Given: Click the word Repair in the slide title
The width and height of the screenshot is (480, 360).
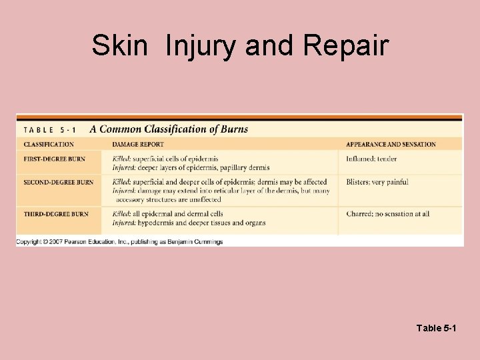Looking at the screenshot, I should pos(345,46).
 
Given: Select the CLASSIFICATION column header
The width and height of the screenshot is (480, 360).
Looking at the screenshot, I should pos(49,145).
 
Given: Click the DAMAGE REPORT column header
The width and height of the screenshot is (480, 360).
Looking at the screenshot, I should pos(138,145).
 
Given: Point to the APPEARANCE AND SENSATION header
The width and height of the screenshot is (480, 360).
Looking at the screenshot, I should pos(391,145).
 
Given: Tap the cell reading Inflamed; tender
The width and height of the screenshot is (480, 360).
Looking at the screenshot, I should pos(371,159).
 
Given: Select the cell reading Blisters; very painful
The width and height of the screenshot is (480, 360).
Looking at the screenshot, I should pos(377,182).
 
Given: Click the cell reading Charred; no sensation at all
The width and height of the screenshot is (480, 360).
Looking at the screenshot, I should pos(388,214).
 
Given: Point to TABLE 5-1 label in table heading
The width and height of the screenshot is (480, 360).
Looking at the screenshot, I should pos(51,129).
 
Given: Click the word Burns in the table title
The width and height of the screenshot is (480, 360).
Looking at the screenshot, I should pos(234,129).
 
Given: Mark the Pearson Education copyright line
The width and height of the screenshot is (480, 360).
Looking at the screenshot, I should pos(120,241).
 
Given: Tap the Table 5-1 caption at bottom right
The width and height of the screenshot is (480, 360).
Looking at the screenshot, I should pos(436,328).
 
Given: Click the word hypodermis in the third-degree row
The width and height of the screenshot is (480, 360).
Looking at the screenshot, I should pos(155,223).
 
